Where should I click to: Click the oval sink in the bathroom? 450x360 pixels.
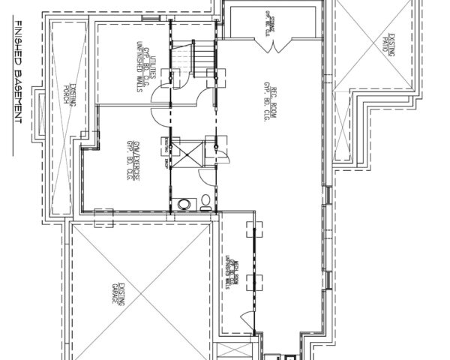[184, 203]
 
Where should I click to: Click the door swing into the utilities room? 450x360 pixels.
[163, 115]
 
